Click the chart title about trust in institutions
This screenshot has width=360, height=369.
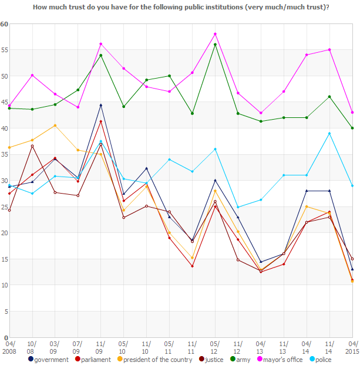click(180, 7)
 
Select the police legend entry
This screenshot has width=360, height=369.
click(331, 359)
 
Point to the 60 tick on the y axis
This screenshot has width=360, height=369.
click(4, 24)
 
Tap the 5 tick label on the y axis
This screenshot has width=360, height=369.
click(5, 311)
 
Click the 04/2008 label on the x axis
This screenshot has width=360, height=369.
click(10, 347)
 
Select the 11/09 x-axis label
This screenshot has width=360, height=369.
click(101, 347)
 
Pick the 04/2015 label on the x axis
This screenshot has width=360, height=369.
click(352, 347)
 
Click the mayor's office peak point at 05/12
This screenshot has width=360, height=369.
click(215, 34)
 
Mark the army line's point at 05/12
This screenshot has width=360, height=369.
click(215, 45)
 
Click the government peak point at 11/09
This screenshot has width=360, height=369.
click(101, 105)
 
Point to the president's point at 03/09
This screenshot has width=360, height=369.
click(55, 126)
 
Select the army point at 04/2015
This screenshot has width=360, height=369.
click(352, 128)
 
